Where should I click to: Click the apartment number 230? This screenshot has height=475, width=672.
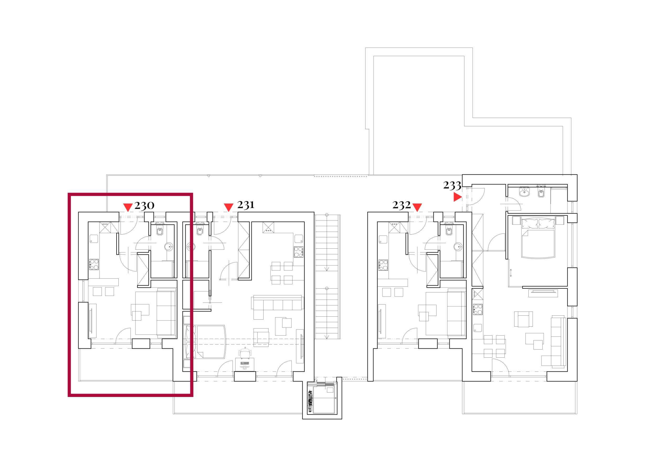click(144, 206)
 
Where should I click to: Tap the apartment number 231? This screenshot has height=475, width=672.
click(245, 205)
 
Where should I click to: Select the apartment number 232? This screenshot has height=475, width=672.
click(402, 205)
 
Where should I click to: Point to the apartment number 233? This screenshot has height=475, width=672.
click(452, 185)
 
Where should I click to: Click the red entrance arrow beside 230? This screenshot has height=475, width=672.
click(128, 207)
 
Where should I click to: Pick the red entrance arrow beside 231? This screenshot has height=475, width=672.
click(228, 207)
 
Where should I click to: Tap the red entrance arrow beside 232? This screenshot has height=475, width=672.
click(417, 207)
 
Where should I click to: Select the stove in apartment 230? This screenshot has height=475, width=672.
click(94, 264)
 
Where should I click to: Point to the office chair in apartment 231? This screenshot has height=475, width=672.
click(245, 353)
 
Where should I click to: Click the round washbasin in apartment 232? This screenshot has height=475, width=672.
click(458, 246)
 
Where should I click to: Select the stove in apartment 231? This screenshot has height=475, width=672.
click(298, 252)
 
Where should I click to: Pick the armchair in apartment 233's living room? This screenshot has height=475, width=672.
click(524, 319)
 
